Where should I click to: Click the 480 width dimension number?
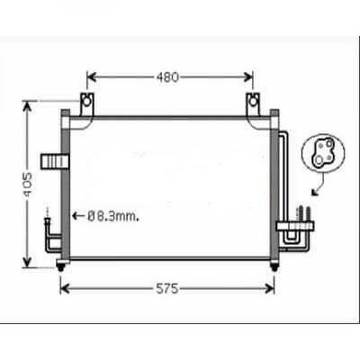click(x=167, y=77)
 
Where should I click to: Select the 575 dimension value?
click(x=167, y=288)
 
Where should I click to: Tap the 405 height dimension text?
click(x=28, y=184)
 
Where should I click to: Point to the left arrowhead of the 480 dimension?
click(x=90, y=77)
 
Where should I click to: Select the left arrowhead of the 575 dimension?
click(x=64, y=288)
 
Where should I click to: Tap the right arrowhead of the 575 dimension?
click(x=272, y=288)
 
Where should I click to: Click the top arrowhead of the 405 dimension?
click(x=28, y=105)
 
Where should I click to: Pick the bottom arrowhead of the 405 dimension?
click(x=28, y=263)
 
